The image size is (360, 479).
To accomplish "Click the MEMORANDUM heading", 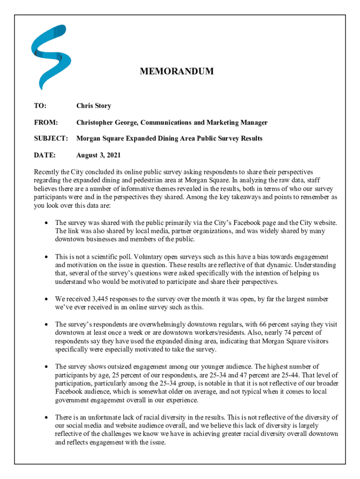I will (x=177, y=72).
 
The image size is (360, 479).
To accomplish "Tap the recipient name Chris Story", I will (x=94, y=106).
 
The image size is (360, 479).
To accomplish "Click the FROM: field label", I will (x=45, y=123).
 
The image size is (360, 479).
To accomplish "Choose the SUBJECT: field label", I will (x=51, y=138).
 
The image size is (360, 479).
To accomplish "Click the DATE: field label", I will (x=44, y=155).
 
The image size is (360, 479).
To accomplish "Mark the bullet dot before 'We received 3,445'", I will (x=46, y=299).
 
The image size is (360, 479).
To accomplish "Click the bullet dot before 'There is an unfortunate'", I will (x=46, y=417).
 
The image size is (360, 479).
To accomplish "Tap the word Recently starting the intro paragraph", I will (x=47, y=172).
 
